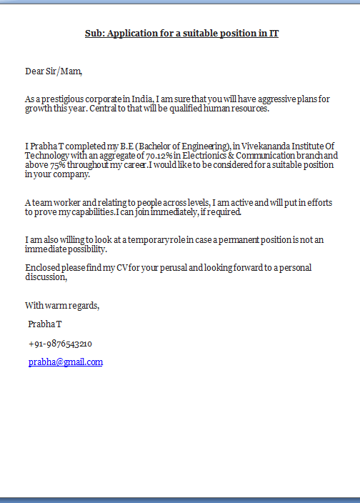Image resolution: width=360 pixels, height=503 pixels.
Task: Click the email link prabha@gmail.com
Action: coord(66,362)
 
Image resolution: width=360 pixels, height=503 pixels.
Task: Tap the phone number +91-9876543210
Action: coord(60,344)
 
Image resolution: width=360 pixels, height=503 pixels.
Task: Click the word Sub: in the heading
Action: coord(94,33)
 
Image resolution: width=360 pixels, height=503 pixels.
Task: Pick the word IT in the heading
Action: coord(274,33)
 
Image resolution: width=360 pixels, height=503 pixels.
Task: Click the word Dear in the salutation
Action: coord(35,71)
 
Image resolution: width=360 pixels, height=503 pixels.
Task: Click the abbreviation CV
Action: coord(108,268)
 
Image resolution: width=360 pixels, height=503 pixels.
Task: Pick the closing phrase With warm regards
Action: coord(62,306)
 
